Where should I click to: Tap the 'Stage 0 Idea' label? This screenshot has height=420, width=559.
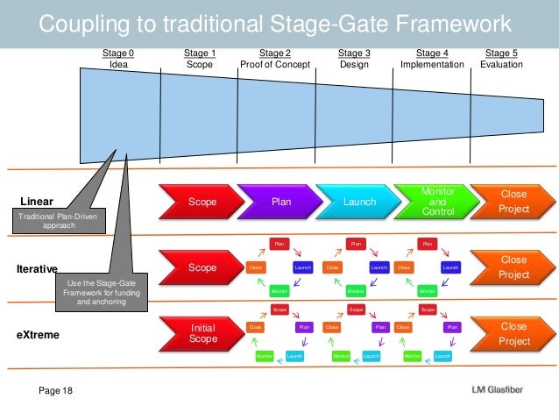point(118,59)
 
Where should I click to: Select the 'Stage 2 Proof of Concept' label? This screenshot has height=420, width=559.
point(275,59)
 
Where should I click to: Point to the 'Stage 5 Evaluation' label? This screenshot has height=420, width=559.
point(501,59)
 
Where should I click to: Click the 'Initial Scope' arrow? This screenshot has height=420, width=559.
point(201,333)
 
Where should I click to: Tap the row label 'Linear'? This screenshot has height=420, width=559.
point(38,202)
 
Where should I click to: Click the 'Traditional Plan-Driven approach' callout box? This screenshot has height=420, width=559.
point(59,220)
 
